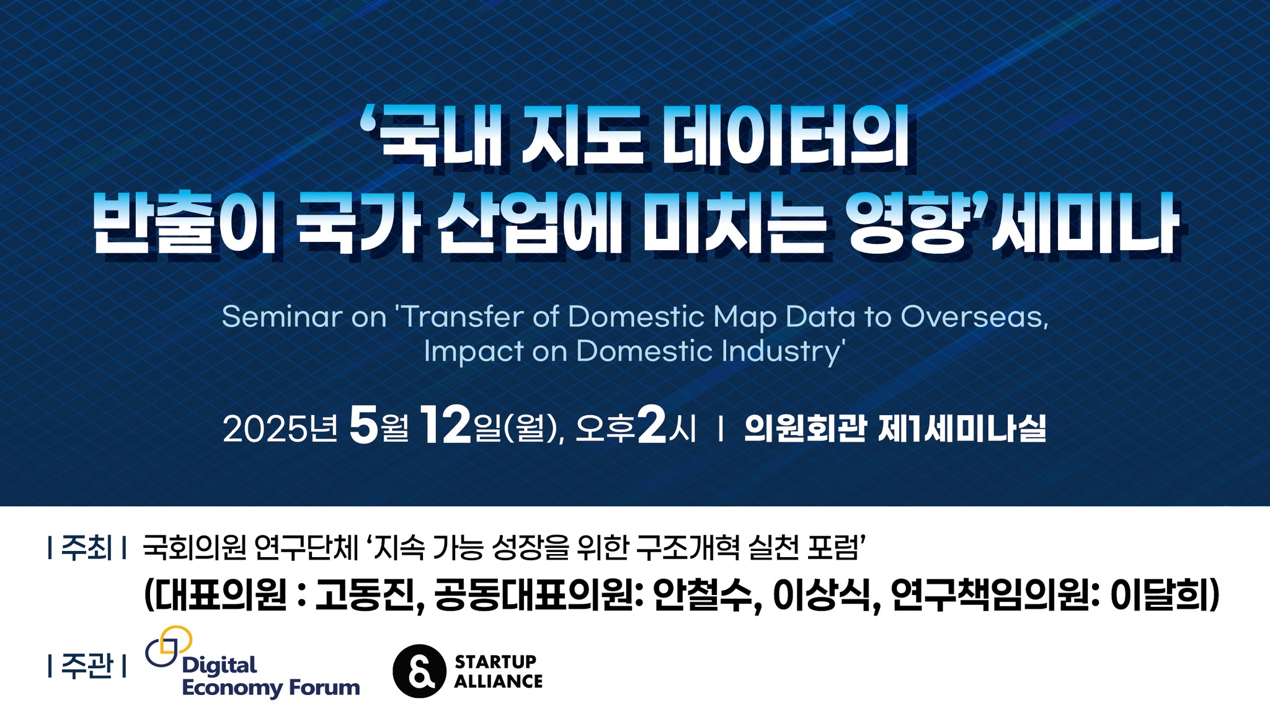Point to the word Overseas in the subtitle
tap(974, 318)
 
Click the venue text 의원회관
tap(804, 428)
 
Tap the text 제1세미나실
tap(962, 428)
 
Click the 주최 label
tap(87, 548)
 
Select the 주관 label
tap(87, 666)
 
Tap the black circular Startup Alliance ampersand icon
tap(419, 671)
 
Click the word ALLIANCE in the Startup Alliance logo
tap(498, 681)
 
